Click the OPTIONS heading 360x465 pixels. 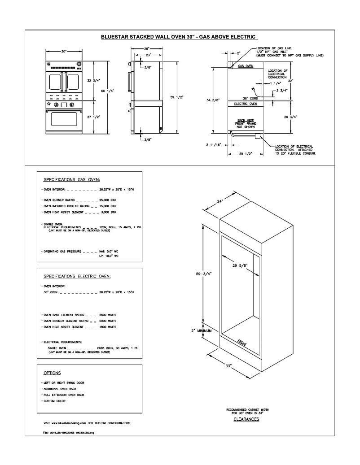(52, 373)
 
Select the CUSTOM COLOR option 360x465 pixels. (55, 400)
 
